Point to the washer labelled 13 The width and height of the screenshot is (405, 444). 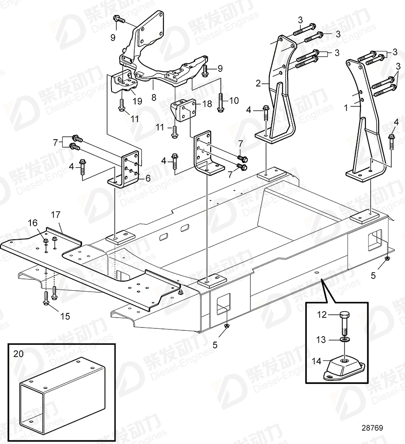click(x=344, y=339)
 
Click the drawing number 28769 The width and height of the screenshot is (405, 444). click(x=372, y=428)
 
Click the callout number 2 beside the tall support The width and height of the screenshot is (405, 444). click(x=258, y=83)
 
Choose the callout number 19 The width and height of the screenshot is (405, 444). click(x=137, y=101)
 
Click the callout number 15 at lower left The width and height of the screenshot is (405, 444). click(x=65, y=316)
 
